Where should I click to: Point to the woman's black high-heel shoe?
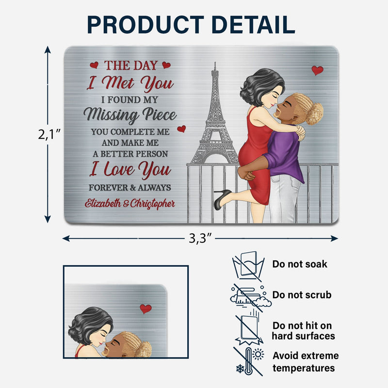click(x=222, y=199)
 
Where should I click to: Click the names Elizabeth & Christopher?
click(x=130, y=203)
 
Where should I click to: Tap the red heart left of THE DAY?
click(x=94, y=65)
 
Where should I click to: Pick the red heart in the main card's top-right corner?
click(x=317, y=70)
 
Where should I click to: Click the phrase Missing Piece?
click(x=129, y=115)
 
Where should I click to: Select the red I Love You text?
click(x=129, y=170)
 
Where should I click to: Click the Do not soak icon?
click(x=247, y=265)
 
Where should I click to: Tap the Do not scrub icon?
click(x=248, y=295)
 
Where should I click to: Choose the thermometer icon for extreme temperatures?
click(x=249, y=361)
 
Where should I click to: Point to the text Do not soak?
click(x=299, y=264)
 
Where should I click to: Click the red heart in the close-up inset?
click(x=145, y=308)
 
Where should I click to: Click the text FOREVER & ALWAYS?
click(x=129, y=188)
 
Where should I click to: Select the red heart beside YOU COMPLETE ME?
click(x=181, y=129)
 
